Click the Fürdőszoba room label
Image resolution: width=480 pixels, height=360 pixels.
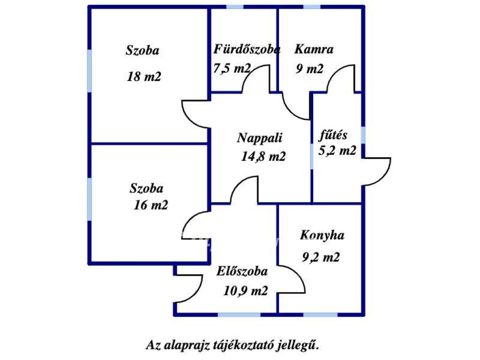[x=247, y=49]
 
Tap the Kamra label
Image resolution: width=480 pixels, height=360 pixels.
[x=314, y=49]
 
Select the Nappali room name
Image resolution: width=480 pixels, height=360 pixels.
[x=259, y=138]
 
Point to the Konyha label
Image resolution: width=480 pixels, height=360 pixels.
[x=322, y=235]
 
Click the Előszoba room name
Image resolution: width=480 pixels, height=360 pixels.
[x=242, y=271]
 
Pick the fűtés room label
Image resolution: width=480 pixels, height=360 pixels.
[x=333, y=135]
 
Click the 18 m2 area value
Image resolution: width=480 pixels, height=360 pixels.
[x=143, y=76]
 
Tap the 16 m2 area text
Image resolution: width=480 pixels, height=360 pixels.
[x=150, y=205]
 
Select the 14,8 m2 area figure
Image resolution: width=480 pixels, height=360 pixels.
[x=263, y=157]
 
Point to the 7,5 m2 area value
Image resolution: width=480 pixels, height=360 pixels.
[x=232, y=68]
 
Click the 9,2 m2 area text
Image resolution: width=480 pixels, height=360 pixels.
[x=321, y=257]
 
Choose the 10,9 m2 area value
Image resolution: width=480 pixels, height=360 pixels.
[x=246, y=291]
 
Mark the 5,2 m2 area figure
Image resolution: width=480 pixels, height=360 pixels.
[x=337, y=150]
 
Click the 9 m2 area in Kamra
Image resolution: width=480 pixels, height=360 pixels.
[x=309, y=69]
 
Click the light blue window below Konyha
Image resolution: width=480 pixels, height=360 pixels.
[x=320, y=315]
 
